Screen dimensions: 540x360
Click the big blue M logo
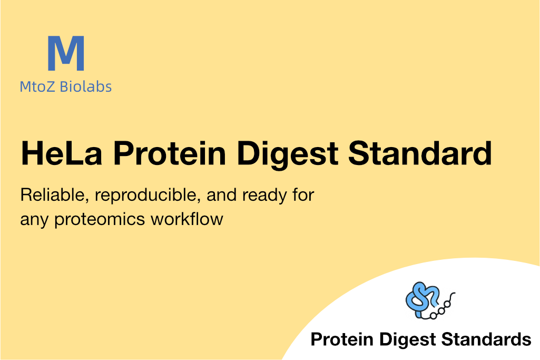tap(66, 53)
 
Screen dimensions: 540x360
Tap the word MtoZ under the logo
tap(37, 86)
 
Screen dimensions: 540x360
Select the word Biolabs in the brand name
tap(86, 86)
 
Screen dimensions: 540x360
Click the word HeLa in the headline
tap(62, 153)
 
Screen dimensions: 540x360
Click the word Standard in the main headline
tap(420, 153)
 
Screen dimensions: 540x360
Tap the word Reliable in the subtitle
tap(53, 195)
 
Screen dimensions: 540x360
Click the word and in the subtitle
tap(221, 195)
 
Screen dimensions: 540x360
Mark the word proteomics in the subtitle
tap(100, 220)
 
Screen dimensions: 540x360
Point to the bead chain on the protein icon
tap(442, 308)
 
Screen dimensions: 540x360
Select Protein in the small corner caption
tap(342, 339)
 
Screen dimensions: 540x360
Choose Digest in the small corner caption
tap(408, 340)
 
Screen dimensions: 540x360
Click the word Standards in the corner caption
tap(486, 339)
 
